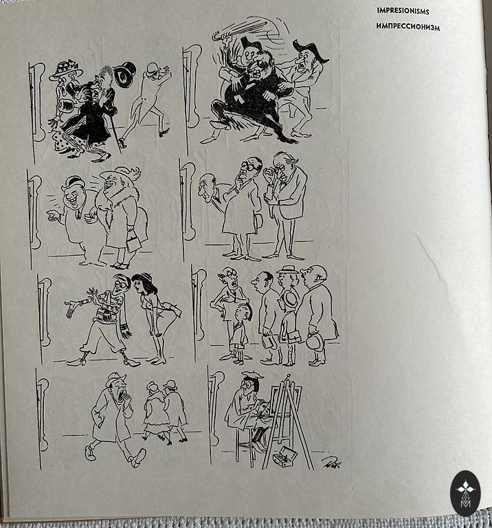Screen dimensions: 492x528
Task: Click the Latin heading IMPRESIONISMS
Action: pyautogui.click(x=403, y=11)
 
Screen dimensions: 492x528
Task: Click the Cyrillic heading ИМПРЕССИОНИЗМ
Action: pyautogui.click(x=408, y=27)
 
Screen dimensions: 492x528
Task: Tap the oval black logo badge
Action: pyautogui.click(x=465, y=494)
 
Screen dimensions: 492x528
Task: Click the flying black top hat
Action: pyautogui.click(x=125, y=74)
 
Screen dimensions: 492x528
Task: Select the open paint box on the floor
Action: pyautogui.click(x=285, y=456)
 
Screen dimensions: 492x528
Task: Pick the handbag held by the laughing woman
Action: pyautogui.click(x=134, y=240)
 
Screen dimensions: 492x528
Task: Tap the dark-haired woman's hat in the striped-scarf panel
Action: pyautogui.click(x=142, y=277)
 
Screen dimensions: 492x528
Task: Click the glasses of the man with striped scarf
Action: pyautogui.click(x=121, y=285)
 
